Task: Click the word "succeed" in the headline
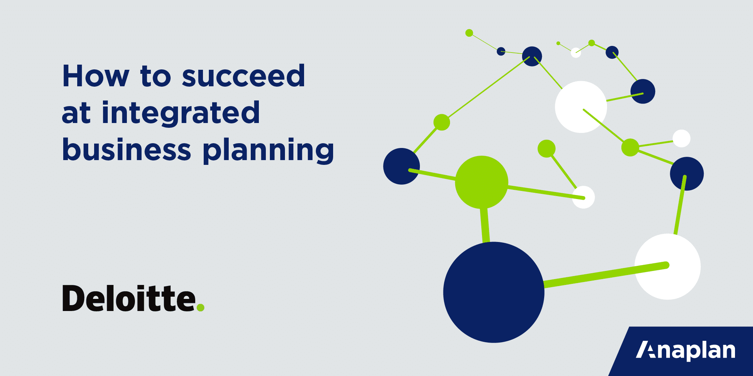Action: [243, 76]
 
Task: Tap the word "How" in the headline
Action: [96, 76]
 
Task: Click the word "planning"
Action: [268, 151]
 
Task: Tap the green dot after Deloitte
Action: [200, 308]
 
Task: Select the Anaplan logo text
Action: [685, 351]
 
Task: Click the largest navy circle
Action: [494, 292]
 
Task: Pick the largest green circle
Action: [482, 182]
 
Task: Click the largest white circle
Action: [668, 267]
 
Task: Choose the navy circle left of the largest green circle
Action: [402, 166]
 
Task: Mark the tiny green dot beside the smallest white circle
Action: [558, 43]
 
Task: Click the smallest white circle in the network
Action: [576, 53]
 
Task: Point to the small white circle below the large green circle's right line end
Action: [584, 197]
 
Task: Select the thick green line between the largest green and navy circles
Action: [485, 225]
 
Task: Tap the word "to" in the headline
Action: [156, 77]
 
